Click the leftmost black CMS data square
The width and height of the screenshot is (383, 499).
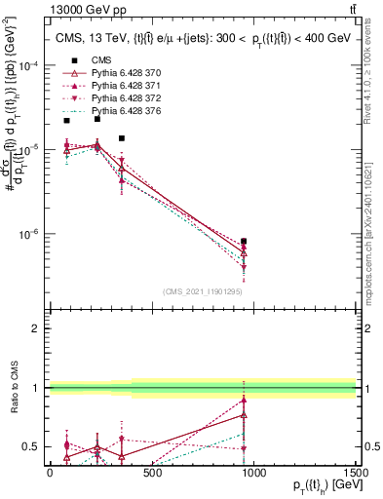(66, 120)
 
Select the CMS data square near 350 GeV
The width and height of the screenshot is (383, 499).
(121, 138)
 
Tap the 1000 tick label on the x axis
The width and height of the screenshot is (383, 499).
(253, 472)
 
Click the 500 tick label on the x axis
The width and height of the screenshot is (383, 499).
(151, 472)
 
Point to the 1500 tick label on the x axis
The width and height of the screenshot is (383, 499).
(355, 472)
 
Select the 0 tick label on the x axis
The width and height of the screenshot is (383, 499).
(50, 472)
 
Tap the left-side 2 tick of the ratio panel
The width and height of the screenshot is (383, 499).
(38, 329)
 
